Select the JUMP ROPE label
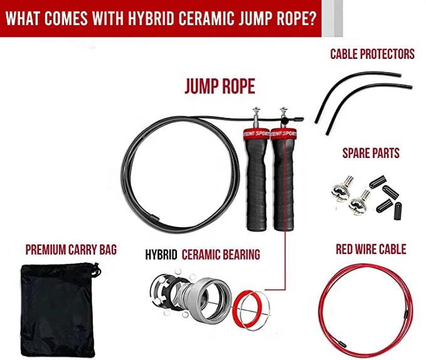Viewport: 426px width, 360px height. click(219, 86)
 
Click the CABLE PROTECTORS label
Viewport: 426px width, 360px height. click(372, 54)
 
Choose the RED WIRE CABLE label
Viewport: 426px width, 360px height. click(370, 249)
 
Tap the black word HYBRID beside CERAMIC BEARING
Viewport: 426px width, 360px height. click(162, 255)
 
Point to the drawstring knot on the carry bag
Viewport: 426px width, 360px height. click(95, 272)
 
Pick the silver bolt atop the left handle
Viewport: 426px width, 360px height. click(255, 115)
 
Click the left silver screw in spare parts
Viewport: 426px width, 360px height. click(341, 188)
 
